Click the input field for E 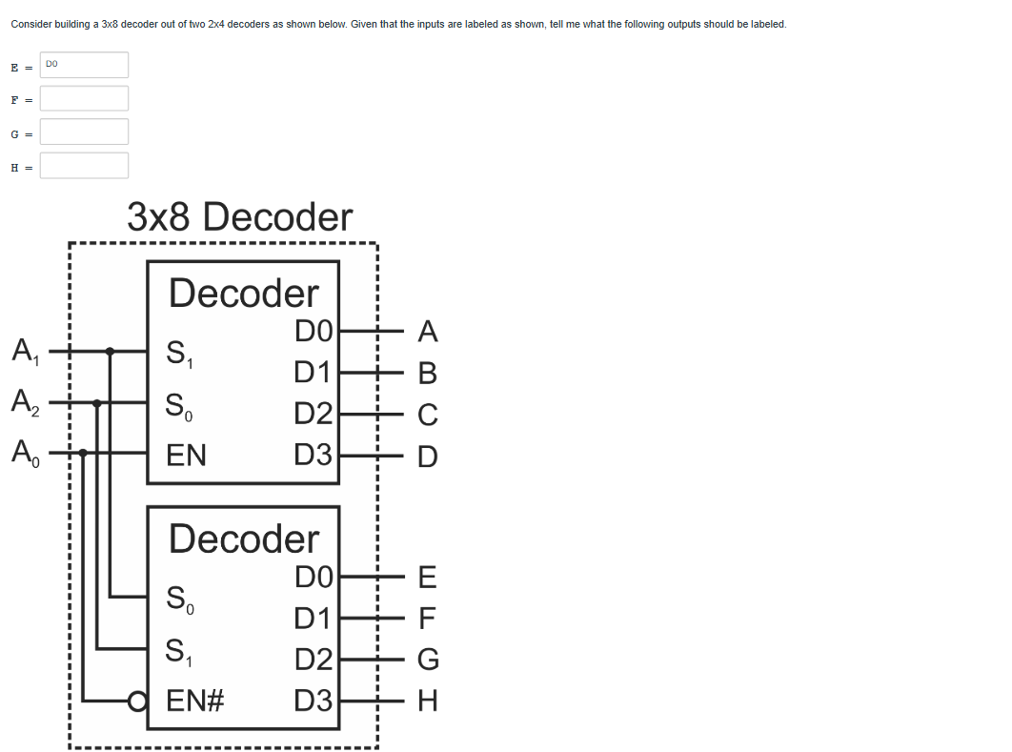point(84,65)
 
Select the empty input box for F point(84,98)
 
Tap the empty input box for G point(84,132)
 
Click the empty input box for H point(84,166)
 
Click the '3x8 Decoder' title point(239,217)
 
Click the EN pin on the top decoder point(186,455)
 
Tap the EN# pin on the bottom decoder point(194,702)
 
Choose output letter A point(428,332)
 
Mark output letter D point(428,457)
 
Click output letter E point(427,577)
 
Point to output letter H point(428,702)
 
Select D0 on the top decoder point(313,332)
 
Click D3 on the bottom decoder point(313,702)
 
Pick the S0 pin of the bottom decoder point(180,600)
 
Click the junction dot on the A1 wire point(111,352)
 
